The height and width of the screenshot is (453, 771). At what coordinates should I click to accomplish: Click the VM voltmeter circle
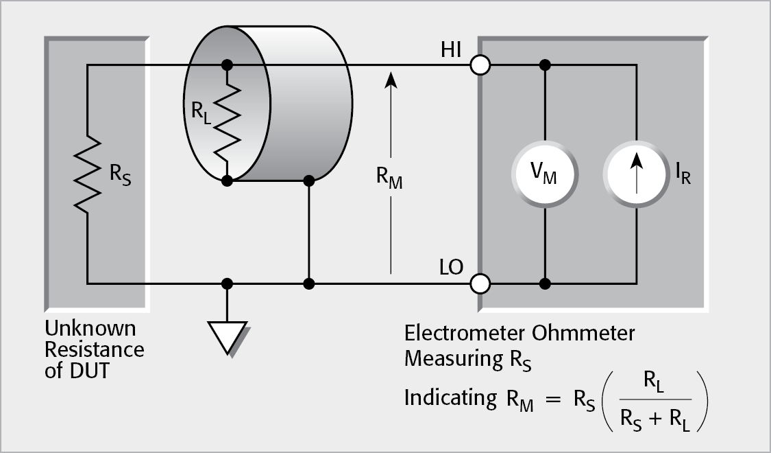(x=545, y=174)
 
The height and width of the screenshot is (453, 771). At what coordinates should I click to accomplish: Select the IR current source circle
(x=637, y=174)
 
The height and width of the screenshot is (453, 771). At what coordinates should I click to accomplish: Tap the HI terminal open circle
(x=480, y=65)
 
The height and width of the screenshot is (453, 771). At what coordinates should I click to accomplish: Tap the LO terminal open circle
(x=480, y=283)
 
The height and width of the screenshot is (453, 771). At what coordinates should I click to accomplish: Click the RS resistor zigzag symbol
(x=88, y=174)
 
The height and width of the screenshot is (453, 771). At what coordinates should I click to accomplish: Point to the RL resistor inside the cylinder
(x=228, y=122)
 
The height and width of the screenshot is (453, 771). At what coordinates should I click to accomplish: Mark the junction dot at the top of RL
(x=227, y=65)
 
